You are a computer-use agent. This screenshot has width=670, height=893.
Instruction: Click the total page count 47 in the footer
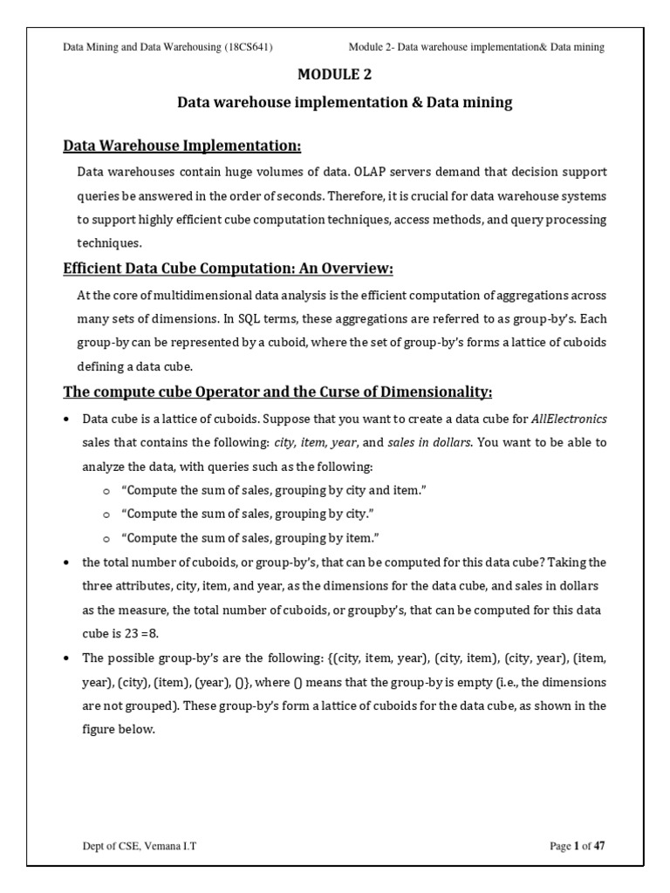tap(598, 846)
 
